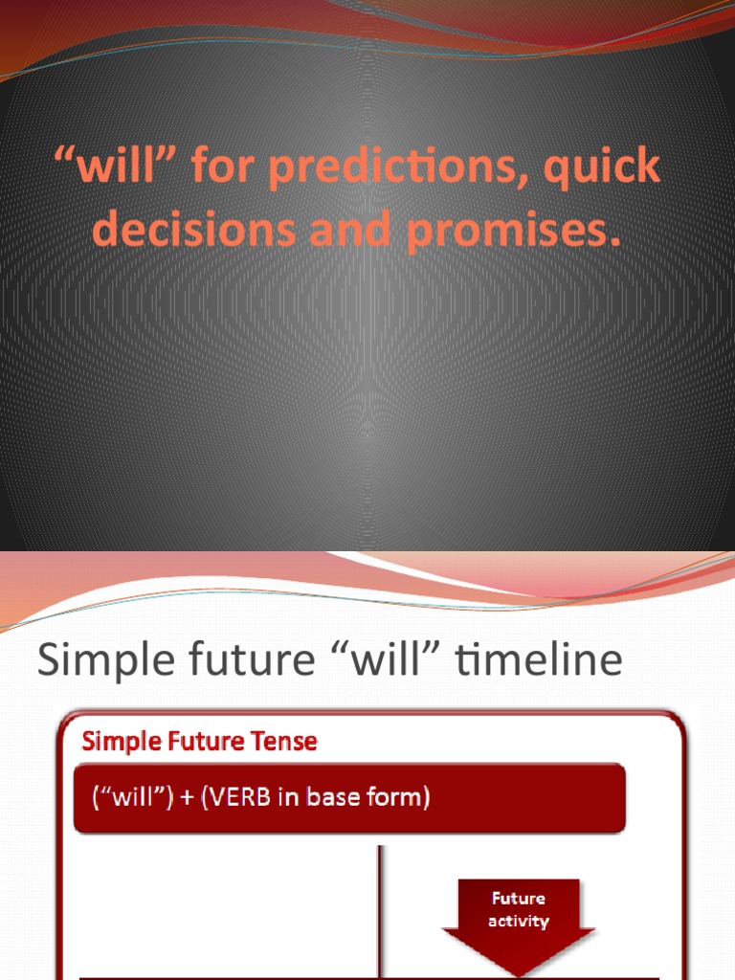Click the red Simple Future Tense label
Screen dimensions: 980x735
199,741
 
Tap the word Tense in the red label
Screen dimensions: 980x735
283,741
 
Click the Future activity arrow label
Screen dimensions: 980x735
519,909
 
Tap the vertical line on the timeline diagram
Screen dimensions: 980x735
380,909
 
